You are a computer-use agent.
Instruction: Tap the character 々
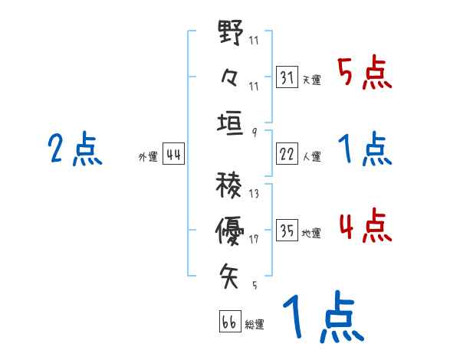230,77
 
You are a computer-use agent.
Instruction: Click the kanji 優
230,227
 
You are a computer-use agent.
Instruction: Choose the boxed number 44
173,154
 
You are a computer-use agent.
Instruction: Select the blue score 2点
75,149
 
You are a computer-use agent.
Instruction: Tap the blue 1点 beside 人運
364,149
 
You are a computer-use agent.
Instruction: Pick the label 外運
148,157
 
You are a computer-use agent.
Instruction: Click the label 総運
254,325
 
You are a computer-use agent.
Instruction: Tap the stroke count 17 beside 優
254,239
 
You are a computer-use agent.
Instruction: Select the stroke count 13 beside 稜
254,194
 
